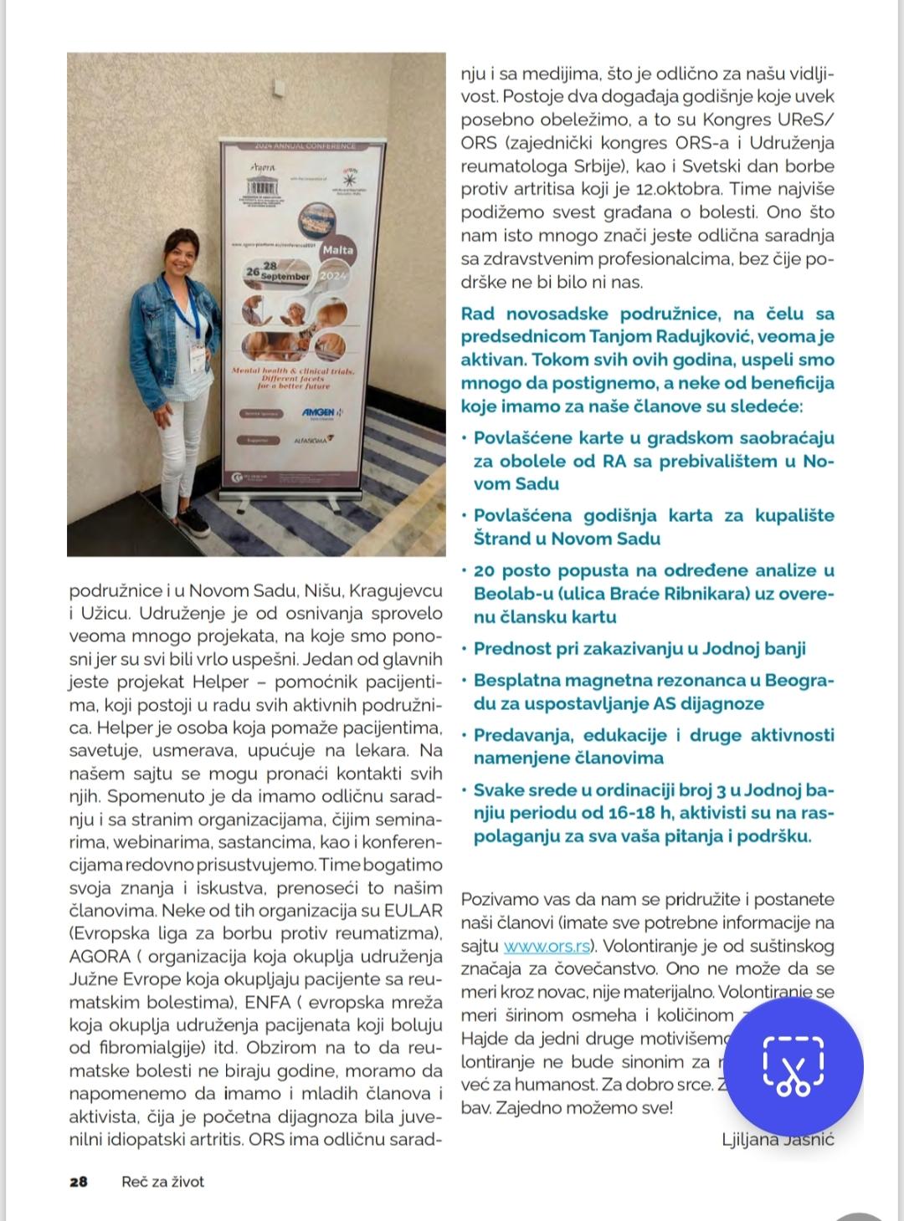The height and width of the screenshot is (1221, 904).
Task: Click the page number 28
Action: tap(79, 1182)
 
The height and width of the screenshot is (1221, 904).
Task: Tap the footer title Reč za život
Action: tap(162, 1182)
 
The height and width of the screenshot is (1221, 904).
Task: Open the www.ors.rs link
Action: tap(548, 947)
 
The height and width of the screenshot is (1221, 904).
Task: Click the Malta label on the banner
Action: tap(337, 250)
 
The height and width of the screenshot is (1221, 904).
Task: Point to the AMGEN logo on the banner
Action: tap(318, 412)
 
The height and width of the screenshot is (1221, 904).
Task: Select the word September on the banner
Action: tap(285, 275)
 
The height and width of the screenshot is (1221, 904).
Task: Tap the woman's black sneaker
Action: tap(193, 522)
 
